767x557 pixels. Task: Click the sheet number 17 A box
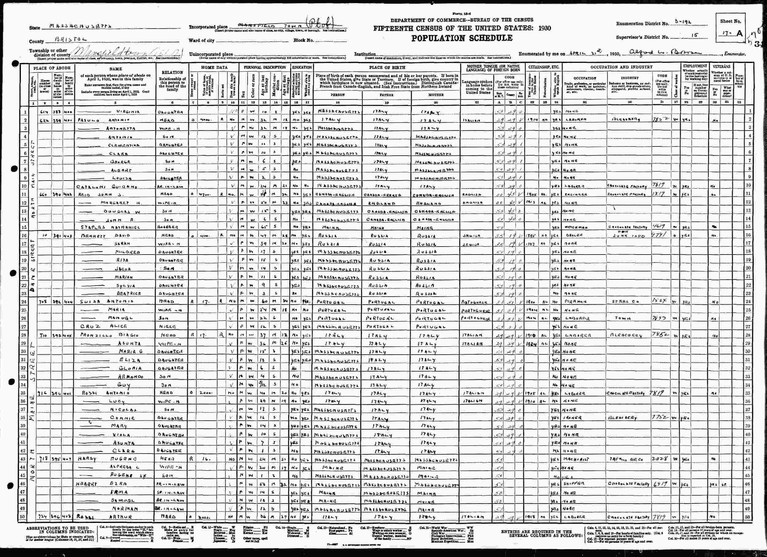730,33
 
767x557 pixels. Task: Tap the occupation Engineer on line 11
575,195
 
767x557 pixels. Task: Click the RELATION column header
172,72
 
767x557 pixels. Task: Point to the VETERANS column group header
721,67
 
